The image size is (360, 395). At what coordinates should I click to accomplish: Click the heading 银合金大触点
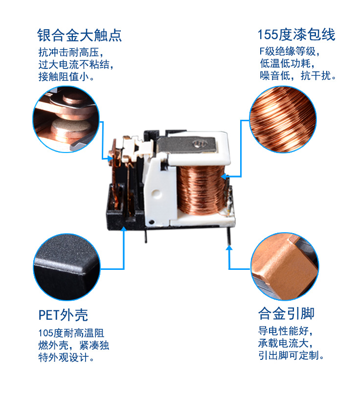(79, 35)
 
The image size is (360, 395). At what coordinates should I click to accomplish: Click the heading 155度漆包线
(296, 35)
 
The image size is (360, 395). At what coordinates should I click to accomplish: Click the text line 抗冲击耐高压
(71, 52)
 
